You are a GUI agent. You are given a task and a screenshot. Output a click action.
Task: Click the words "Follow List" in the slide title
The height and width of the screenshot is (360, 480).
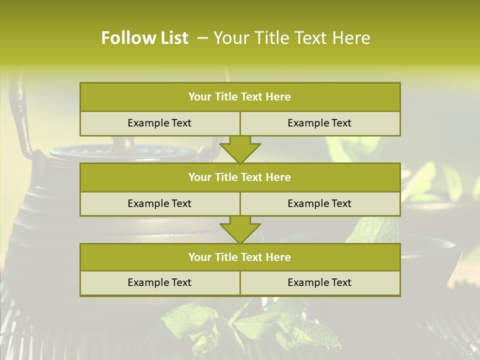point(144,38)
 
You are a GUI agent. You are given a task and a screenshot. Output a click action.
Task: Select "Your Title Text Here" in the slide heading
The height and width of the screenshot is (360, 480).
point(291,38)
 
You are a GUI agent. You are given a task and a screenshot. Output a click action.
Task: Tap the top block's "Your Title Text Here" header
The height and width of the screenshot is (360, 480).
point(239,97)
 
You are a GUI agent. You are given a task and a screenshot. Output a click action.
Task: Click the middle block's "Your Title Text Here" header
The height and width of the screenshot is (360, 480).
point(239,177)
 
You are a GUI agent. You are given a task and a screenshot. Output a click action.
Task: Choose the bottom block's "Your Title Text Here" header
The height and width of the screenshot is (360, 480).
point(239,257)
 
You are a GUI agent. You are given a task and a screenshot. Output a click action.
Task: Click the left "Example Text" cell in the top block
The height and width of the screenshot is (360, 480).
point(159,123)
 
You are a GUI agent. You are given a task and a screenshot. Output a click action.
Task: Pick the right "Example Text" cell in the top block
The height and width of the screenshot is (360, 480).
point(319,123)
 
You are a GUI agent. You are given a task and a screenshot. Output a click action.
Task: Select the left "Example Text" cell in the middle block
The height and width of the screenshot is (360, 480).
point(159,203)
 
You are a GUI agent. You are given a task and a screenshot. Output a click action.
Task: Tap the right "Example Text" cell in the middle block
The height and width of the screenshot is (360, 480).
point(319,203)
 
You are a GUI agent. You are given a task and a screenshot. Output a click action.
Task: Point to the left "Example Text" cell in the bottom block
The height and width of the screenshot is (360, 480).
point(159,282)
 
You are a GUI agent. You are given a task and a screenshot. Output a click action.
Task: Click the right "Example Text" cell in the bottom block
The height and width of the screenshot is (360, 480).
point(319,282)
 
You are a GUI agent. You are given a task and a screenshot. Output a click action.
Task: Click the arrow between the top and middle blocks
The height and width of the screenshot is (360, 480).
point(240,149)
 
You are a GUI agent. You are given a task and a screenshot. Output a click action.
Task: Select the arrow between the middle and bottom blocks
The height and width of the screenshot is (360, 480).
point(240,229)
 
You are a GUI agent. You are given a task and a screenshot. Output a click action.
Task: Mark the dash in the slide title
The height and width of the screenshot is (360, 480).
point(202,38)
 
